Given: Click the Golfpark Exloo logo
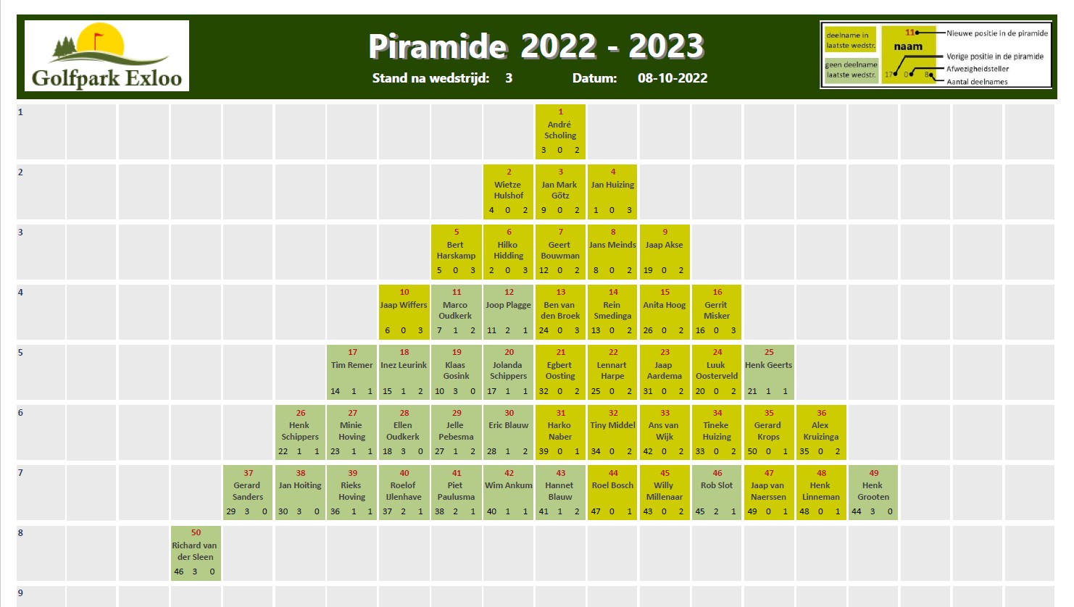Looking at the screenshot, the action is pos(107,56).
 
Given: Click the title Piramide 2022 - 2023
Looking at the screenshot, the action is pos(536,46).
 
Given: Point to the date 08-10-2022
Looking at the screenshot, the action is pos(673,78).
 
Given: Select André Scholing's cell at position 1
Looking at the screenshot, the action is pos(560,131).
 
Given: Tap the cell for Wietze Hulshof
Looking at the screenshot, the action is pos(508,192).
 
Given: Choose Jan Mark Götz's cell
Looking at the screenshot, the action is pos(560,192).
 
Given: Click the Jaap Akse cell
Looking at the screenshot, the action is pos(665,251).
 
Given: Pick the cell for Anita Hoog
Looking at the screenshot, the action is pos(665,312).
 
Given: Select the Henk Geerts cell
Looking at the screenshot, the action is pos(769,372).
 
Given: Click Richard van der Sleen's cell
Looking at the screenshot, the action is pos(196,553).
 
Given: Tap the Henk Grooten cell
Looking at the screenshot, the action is pos(873,493).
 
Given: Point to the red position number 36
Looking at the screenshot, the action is pos(821,413).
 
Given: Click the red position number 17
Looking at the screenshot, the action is pos(352,352).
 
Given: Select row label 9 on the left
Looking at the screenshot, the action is pos(20,593).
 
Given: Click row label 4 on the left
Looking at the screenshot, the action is pos(20,292).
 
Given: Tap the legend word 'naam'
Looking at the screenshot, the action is pos(908,47).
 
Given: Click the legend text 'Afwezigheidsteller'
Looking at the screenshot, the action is pos(978,69).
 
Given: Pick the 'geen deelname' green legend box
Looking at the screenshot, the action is pos(851,70).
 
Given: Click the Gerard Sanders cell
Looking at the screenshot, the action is pos(248,493).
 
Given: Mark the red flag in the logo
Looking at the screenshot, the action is pos(98,38).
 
